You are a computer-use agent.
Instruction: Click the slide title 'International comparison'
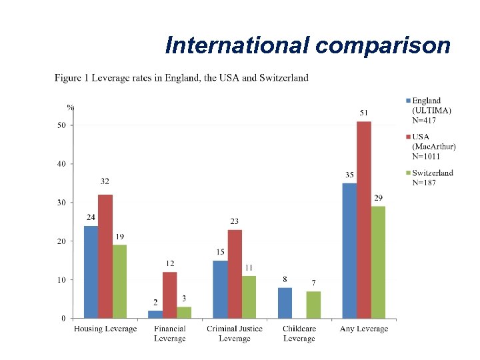(307, 45)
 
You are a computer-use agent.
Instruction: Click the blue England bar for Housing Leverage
(91, 271)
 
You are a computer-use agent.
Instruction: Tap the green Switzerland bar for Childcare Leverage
(313, 305)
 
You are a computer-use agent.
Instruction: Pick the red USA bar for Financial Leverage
(169, 295)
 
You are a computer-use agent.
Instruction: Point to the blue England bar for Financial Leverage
(155, 314)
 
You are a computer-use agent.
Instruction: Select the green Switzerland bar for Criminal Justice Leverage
(249, 297)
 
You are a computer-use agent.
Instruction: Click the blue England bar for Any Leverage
(349, 250)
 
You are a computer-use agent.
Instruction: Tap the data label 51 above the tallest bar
(364, 112)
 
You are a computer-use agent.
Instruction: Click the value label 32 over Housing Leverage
(105, 181)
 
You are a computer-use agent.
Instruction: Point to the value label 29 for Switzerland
(378, 198)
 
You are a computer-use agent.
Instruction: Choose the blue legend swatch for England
(408, 101)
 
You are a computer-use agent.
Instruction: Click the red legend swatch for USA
(408, 137)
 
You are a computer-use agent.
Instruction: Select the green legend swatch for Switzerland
(408, 173)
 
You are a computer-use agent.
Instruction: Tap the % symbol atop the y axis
(70, 106)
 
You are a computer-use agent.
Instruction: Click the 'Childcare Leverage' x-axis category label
(299, 333)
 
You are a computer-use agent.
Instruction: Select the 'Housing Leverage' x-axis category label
(105, 329)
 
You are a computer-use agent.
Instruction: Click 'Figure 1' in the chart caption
(68, 78)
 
